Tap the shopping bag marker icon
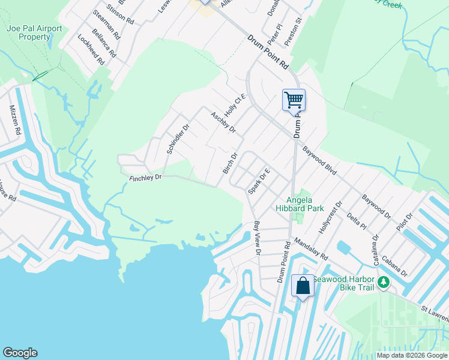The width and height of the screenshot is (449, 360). (303, 285)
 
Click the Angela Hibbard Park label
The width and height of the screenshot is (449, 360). (300, 204)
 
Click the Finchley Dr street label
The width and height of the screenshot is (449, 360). (146, 177)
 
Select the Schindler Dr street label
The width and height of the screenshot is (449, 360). (178, 139)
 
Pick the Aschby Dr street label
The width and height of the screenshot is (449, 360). (223, 122)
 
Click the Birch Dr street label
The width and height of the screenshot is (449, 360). (231, 163)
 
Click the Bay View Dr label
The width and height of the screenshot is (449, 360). (257, 238)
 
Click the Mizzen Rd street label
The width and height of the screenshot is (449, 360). (16, 120)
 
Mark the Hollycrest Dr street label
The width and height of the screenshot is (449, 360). (330, 218)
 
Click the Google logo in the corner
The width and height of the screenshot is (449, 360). (20, 353)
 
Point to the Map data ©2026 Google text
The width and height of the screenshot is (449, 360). (412, 355)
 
